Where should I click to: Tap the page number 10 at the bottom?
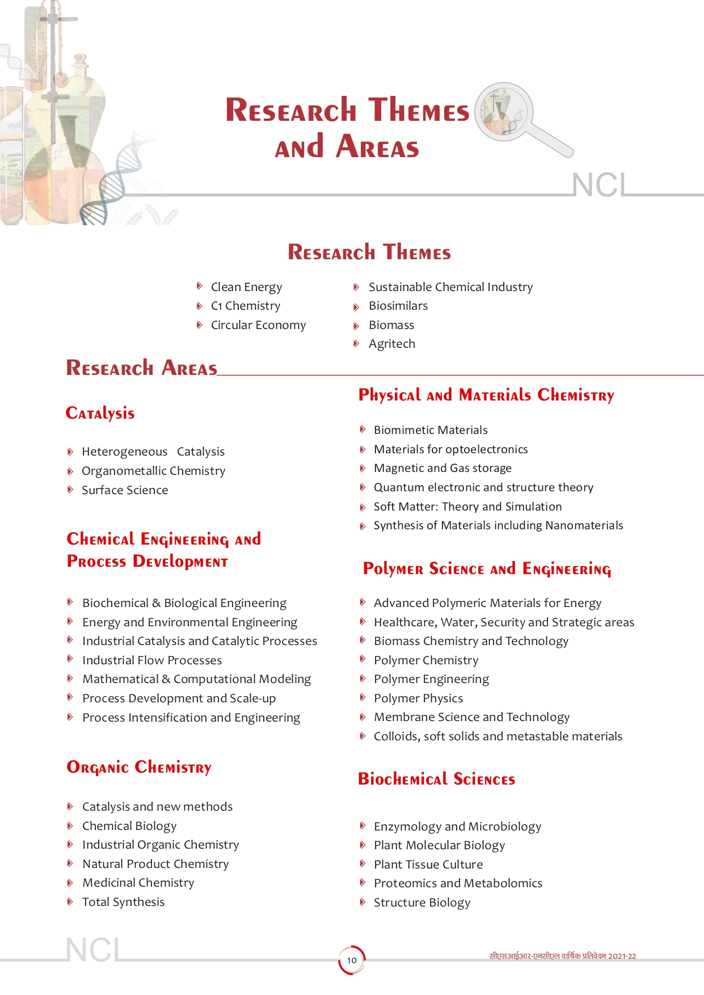point(352,960)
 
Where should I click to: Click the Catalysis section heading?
point(100,413)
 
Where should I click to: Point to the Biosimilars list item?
point(398,306)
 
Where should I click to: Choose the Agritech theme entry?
point(391,344)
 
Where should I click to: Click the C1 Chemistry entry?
point(245,306)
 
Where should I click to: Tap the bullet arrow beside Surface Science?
point(70,490)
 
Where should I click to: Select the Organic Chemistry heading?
point(139,767)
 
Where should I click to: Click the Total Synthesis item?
point(123,902)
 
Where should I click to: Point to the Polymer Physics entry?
point(418,698)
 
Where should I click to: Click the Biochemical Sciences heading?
point(436,779)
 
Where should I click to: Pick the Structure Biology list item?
point(421,903)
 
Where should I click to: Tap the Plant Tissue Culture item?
point(428,865)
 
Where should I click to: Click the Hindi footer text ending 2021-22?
point(562,956)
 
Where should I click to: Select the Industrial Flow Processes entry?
point(152,660)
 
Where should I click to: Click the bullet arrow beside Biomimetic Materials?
point(362,429)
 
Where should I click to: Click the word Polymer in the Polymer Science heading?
point(393,569)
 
